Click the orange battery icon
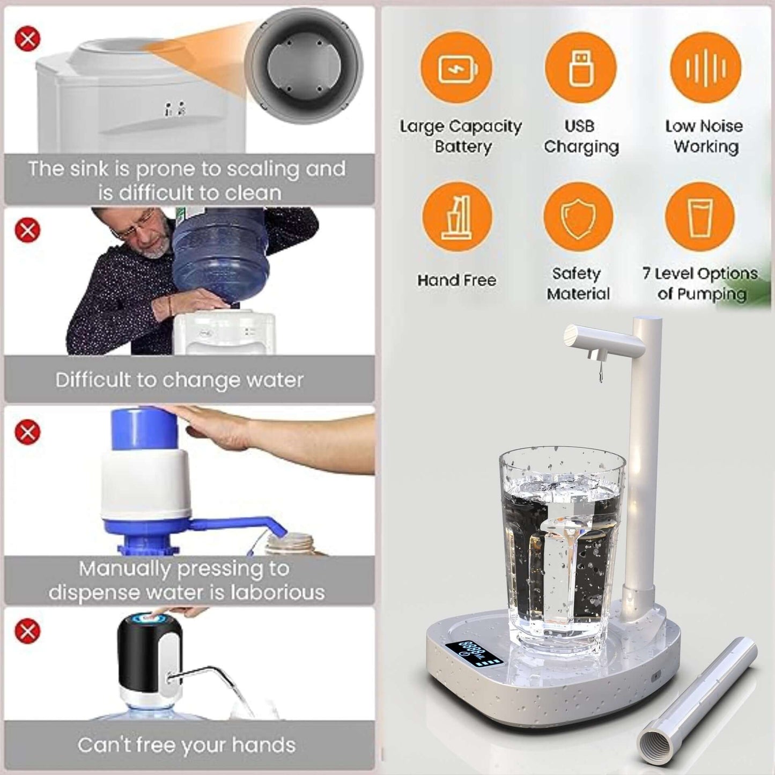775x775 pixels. click(x=456, y=68)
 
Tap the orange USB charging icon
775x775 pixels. click(x=580, y=68)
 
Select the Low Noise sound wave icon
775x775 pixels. click(x=705, y=68)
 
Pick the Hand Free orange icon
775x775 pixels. click(x=457, y=218)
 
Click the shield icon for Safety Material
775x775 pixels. click(x=578, y=218)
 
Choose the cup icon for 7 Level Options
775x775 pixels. click(x=700, y=218)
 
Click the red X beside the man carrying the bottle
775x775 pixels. click(x=28, y=231)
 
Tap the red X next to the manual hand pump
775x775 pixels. click(x=28, y=432)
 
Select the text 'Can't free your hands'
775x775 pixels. click(x=187, y=745)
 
